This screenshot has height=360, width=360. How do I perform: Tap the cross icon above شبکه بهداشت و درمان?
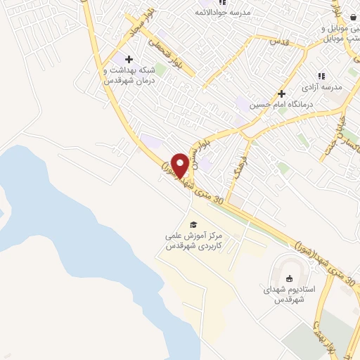(128, 59)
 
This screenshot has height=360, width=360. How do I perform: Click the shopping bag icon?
(352, 18)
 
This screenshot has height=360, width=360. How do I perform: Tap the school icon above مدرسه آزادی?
(321, 75)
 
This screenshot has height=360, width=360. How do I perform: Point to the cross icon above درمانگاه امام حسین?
(281, 93)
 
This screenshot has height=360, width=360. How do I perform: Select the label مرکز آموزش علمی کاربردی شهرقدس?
(192, 241)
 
